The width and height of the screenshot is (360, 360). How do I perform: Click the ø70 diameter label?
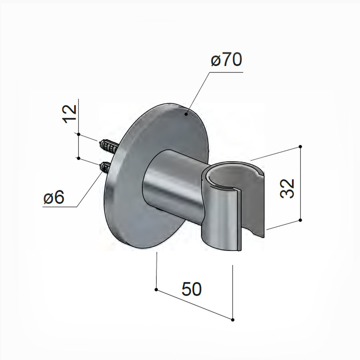pyautogui.click(x=226, y=61)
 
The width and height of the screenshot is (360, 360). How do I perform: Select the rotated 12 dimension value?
pyautogui.click(x=70, y=114)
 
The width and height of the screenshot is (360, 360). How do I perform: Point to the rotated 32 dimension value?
pyautogui.click(x=287, y=188)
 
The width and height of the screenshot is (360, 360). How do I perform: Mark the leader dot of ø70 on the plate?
pyautogui.click(x=186, y=114)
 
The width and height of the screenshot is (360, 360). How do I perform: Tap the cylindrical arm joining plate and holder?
pyautogui.click(x=172, y=184)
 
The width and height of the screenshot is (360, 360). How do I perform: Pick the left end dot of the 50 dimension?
pyautogui.click(x=156, y=289)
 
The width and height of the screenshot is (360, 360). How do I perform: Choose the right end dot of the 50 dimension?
pyautogui.click(x=232, y=319)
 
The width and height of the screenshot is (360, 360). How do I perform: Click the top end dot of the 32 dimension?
pyautogui.click(x=300, y=147)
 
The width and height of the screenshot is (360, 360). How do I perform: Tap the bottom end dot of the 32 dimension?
pyautogui.click(x=300, y=220)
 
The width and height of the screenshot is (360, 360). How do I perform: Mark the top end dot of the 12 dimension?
pyautogui.click(x=79, y=134)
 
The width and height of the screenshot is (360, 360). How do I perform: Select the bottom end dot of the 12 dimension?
pyautogui.click(x=79, y=158)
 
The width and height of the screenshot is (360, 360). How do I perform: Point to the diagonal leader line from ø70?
pyautogui.click(x=198, y=94)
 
